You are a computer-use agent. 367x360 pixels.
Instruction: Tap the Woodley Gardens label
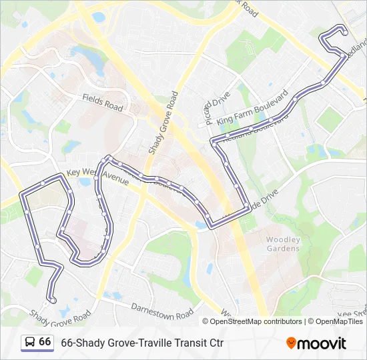pyautogui.click(x=283, y=244)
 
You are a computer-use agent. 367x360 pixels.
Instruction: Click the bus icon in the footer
pyautogui.click(x=29, y=343)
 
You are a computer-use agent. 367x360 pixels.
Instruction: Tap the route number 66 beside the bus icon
pyautogui.click(x=45, y=342)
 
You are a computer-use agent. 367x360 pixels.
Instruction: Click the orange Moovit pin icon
pyautogui.click(x=291, y=343)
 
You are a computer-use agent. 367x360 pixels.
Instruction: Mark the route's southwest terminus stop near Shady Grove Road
pyautogui.click(x=53, y=300)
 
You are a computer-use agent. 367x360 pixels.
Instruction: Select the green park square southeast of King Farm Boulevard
pyautogui.click(x=329, y=119)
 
